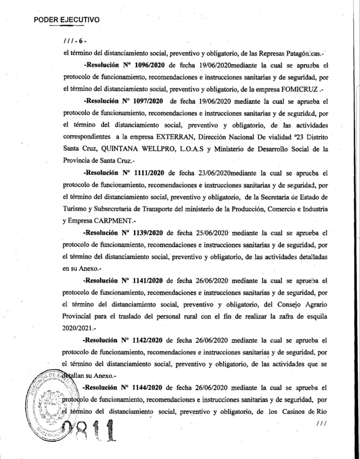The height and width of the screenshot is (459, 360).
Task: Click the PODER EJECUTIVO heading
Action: (x=66, y=20)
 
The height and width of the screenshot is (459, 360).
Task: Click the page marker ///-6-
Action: (x=75, y=41)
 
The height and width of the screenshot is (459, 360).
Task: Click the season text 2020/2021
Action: (x=76, y=328)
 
